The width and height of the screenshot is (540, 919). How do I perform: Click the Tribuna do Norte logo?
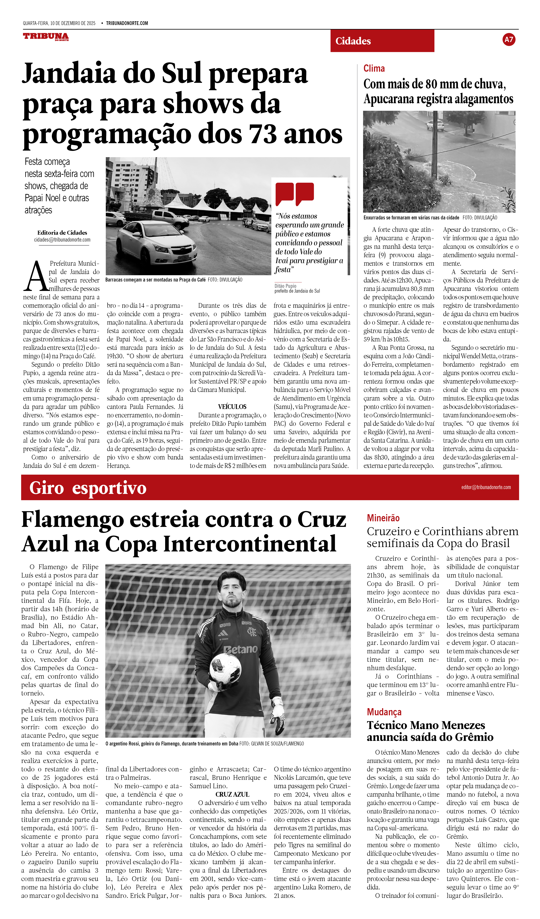point(46,36)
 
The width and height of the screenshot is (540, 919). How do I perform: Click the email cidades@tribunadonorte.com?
point(62,240)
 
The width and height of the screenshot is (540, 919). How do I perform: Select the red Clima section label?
point(374,68)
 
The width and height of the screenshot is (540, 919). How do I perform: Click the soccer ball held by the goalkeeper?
point(225,668)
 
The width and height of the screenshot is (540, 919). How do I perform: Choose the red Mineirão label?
point(383,518)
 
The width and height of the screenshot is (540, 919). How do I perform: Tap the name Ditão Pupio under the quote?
point(285,286)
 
